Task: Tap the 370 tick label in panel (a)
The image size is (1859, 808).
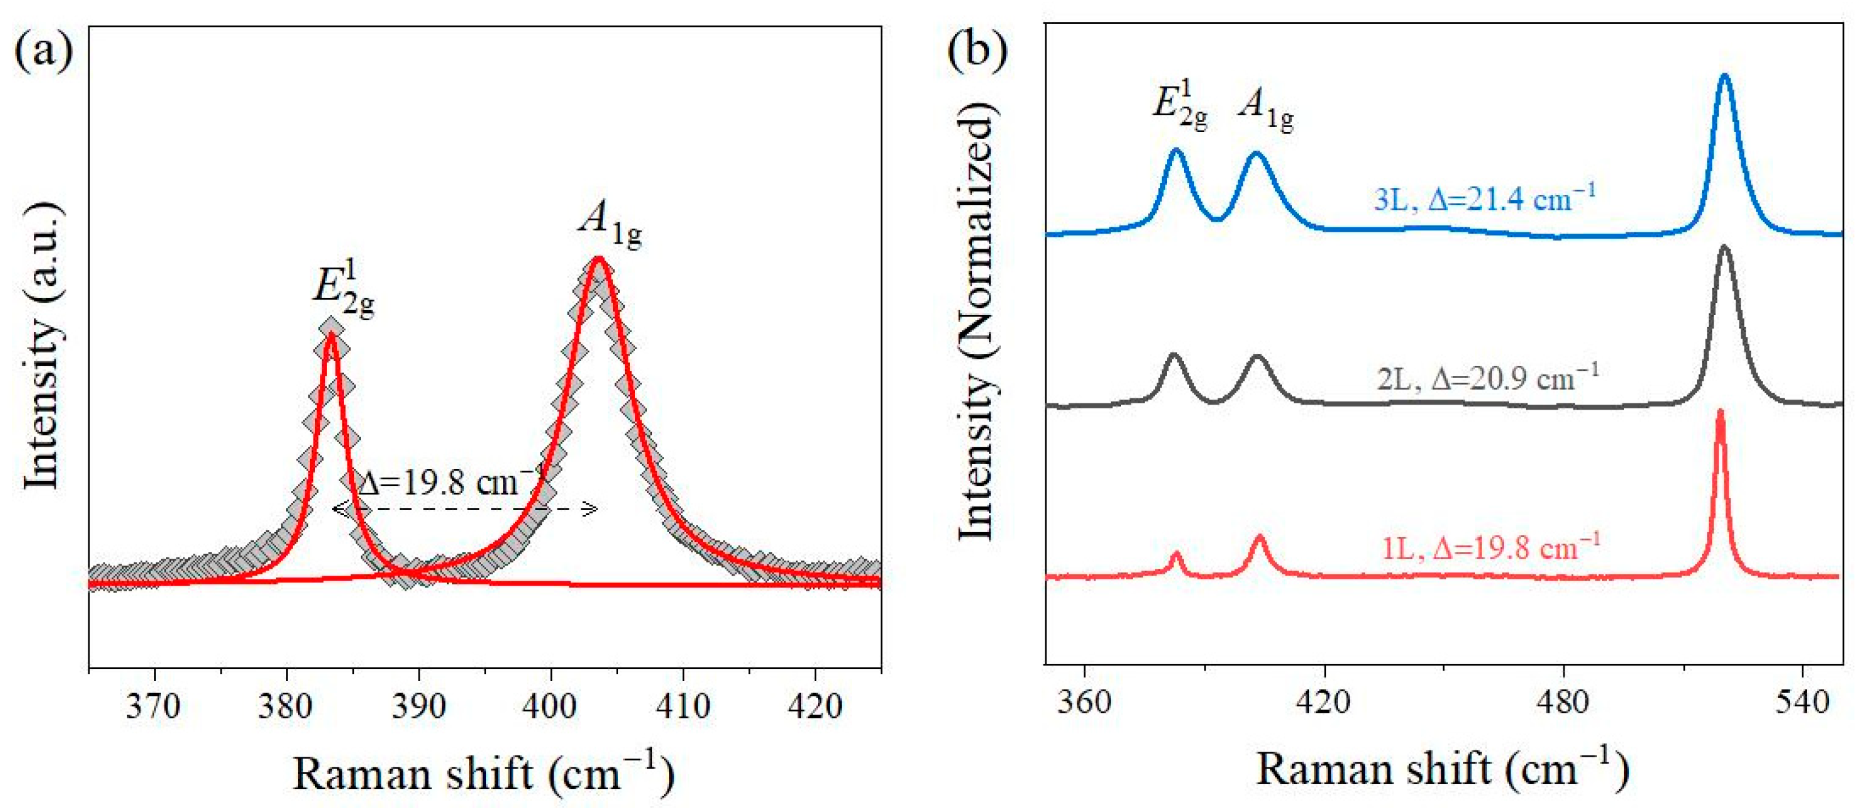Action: pyautogui.click(x=153, y=705)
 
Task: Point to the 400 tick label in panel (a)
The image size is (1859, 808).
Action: pyautogui.click(x=551, y=705)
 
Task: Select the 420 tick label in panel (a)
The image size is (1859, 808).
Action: pyautogui.click(x=815, y=705)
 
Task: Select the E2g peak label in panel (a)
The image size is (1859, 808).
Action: pyautogui.click(x=343, y=292)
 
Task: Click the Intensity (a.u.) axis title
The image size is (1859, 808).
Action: pyautogui.click(x=41, y=346)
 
